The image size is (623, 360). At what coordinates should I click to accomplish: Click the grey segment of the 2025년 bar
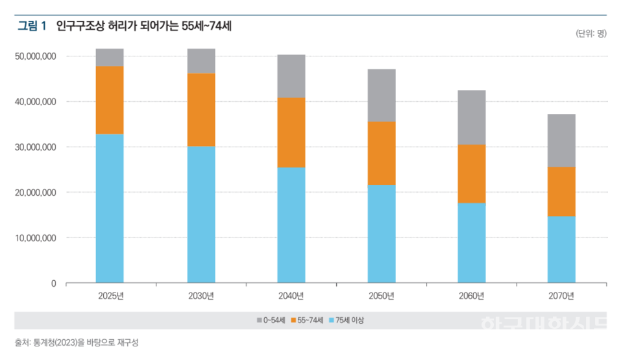pyautogui.click(x=110, y=57)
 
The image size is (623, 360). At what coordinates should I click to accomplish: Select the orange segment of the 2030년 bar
pyautogui.click(x=201, y=110)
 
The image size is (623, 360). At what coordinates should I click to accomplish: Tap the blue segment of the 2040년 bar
pyautogui.click(x=291, y=225)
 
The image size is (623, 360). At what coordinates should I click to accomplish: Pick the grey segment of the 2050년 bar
pyautogui.click(x=382, y=95)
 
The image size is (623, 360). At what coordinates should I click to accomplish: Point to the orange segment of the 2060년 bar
pyautogui.click(x=472, y=174)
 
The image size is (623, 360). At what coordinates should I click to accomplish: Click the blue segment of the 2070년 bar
pyautogui.click(x=561, y=250)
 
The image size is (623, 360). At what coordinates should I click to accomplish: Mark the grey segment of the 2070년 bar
pyautogui.click(x=561, y=141)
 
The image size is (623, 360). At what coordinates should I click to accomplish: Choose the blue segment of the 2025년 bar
pyautogui.click(x=110, y=208)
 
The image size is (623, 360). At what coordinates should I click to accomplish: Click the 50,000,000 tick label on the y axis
pyautogui.click(x=36, y=56)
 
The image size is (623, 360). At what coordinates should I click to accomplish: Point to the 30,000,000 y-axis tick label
pyautogui.click(x=36, y=147)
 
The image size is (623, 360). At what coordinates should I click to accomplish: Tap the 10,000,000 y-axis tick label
pyautogui.click(x=36, y=238)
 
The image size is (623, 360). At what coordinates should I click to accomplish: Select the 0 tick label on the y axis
pyautogui.click(x=53, y=283)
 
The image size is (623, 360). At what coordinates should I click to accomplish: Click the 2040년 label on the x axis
pyautogui.click(x=291, y=296)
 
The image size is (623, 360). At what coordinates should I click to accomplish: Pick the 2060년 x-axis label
pyautogui.click(x=472, y=296)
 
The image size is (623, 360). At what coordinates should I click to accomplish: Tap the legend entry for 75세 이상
pyautogui.click(x=352, y=320)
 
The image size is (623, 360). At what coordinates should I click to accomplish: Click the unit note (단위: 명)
pyautogui.click(x=591, y=34)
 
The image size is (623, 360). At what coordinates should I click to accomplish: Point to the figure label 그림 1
pyautogui.click(x=32, y=27)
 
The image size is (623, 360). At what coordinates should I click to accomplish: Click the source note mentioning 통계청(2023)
pyautogui.click(x=77, y=342)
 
